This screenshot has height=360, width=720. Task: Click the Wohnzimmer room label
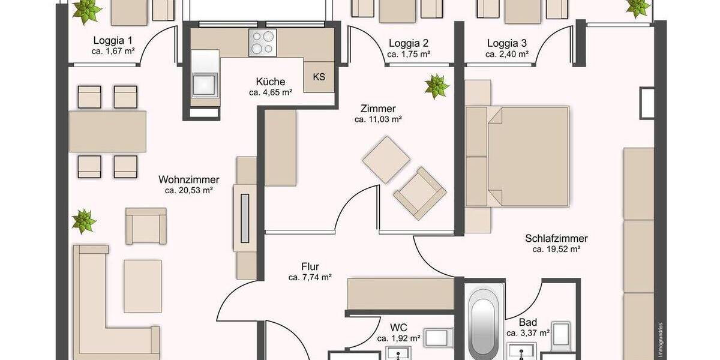[188, 179]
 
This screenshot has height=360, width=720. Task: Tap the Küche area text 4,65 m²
[270, 93]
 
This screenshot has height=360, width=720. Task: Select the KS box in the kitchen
[319, 77]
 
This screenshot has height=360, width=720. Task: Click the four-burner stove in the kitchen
[262, 43]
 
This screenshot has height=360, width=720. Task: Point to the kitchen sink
[205, 82]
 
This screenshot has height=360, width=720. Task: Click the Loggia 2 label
[408, 43]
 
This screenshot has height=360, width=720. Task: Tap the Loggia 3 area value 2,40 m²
[506, 54]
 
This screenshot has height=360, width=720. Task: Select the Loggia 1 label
[112, 41]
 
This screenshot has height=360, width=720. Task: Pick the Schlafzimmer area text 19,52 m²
[556, 249]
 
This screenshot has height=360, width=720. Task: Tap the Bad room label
[528, 322]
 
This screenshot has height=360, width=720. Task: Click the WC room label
[398, 328]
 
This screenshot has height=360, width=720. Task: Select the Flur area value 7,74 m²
[310, 277]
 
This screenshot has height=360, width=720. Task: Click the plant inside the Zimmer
[436, 86]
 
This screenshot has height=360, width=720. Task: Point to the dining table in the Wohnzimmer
[107, 131]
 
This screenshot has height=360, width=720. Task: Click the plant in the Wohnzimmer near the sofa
[83, 221]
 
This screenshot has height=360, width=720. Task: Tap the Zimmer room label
[377, 109]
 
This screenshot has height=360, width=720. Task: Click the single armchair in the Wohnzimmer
[145, 226]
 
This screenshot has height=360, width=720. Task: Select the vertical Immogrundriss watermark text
[659, 338]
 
